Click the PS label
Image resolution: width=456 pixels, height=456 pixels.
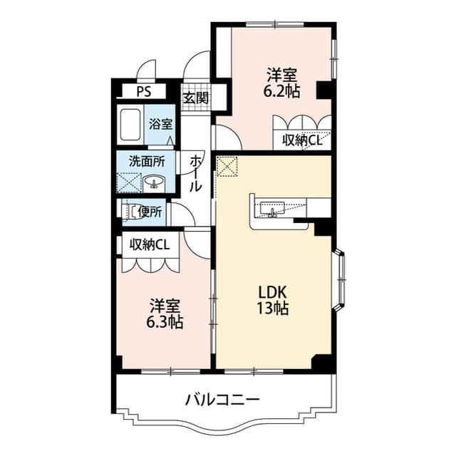(x=144, y=91)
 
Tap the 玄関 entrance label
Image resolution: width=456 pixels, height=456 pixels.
(x=195, y=98)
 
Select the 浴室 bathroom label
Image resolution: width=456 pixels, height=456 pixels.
(x=160, y=123)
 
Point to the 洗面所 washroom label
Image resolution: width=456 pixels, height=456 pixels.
(x=146, y=161)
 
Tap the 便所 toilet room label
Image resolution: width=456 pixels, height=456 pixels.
(x=151, y=212)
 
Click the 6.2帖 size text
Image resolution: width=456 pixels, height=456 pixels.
(x=283, y=91)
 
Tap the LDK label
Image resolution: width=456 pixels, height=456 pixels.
(x=271, y=293)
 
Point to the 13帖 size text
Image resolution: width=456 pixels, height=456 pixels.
(x=271, y=310)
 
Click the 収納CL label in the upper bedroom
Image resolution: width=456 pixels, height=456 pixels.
(x=303, y=140)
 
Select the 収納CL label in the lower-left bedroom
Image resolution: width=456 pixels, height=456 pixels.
(x=150, y=244)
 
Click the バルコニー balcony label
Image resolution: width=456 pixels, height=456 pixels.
(x=222, y=399)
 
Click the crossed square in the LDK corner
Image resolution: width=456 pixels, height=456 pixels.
(x=228, y=167)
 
